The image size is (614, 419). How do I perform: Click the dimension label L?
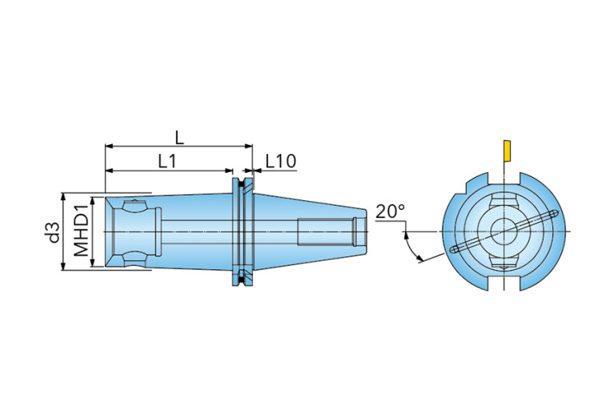click(179, 138)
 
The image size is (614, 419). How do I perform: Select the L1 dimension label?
click(167, 161)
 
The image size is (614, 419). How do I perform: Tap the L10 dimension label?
click(281, 161)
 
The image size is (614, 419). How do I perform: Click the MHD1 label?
click(81, 232)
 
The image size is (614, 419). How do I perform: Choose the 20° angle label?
click(390, 212)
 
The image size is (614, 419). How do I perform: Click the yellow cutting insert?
click(507, 151)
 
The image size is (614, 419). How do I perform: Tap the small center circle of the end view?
click(504, 232)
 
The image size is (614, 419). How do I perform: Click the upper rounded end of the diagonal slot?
click(553, 214)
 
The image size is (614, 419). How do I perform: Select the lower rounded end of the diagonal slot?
click(454, 249)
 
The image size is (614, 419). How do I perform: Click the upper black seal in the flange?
click(243, 182)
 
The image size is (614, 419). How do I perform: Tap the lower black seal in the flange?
click(243, 280)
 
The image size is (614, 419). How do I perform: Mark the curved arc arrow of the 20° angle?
click(410, 247)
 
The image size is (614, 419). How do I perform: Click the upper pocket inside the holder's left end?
click(134, 207)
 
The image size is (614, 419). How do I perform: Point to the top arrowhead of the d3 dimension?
click(63, 196)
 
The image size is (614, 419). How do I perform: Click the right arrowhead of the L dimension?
click(249, 146)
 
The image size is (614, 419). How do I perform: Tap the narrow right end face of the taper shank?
click(367, 232)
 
